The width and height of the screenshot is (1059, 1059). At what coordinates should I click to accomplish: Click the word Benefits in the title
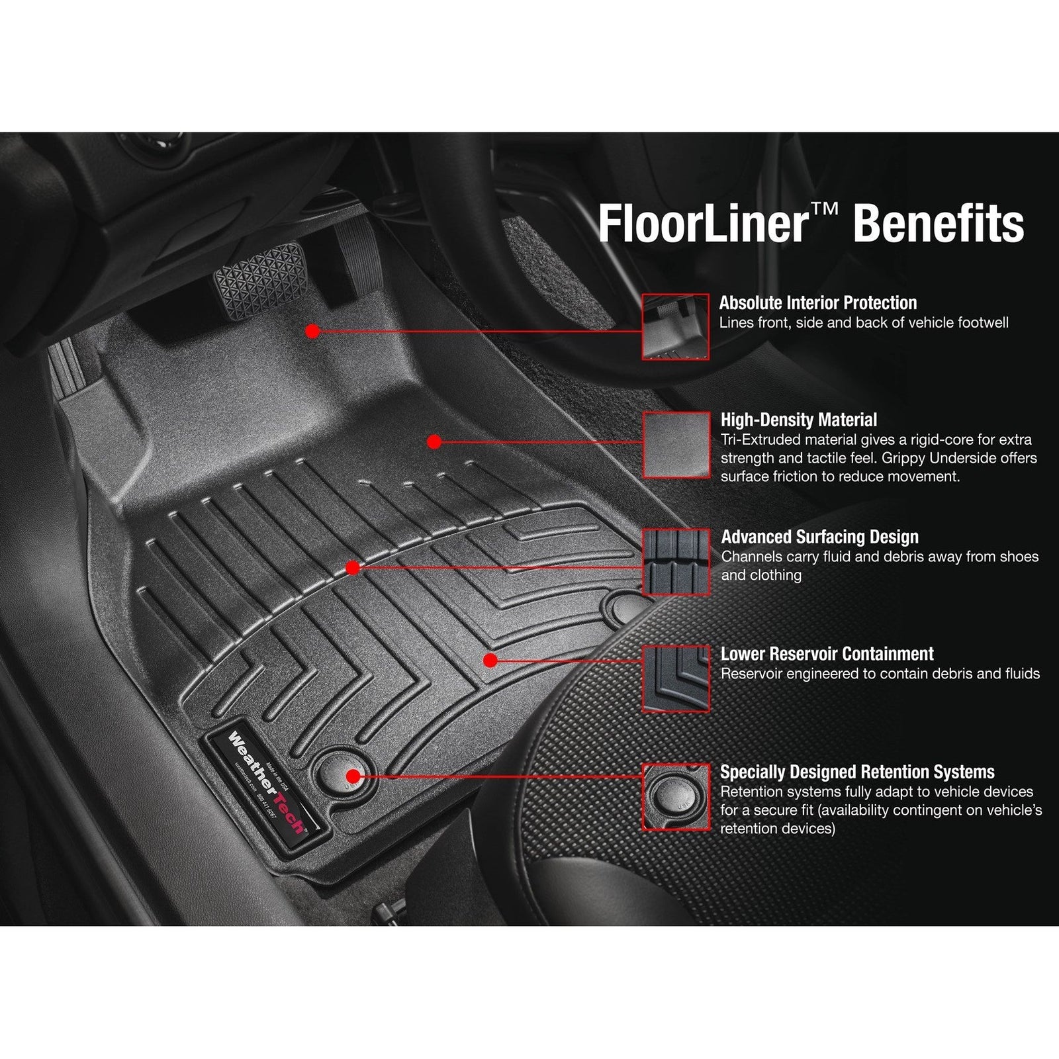coord(939,224)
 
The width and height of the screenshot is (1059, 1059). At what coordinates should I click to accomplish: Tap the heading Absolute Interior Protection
coord(818,303)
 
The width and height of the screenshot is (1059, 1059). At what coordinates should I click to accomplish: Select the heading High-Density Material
coord(798,420)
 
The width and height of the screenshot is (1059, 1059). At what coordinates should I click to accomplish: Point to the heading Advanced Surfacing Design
coord(819,537)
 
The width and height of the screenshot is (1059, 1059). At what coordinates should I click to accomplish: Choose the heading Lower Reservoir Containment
coord(827,654)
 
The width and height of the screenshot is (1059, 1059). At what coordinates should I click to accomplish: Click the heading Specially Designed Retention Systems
coord(857,772)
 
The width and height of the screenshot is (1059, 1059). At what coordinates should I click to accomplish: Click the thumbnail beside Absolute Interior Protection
coord(675,327)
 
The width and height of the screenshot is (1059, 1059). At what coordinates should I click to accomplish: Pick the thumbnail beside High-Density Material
coord(676,444)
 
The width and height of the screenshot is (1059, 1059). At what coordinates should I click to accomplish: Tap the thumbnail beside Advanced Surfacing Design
coord(676,562)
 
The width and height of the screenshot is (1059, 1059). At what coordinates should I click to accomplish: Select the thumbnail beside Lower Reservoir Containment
coord(676,679)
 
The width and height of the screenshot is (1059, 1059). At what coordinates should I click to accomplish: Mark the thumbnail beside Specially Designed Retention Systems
coord(676,796)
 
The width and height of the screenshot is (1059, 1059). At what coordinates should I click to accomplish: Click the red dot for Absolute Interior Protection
coord(314,331)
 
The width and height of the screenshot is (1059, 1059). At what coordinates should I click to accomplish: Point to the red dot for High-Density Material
coord(434,441)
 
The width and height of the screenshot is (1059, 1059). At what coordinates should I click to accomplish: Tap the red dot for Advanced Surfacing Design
coord(353,568)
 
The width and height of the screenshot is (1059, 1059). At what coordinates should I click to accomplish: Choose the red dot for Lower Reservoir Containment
coord(490,660)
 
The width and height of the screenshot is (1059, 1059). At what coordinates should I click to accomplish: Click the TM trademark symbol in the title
coord(823,209)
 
